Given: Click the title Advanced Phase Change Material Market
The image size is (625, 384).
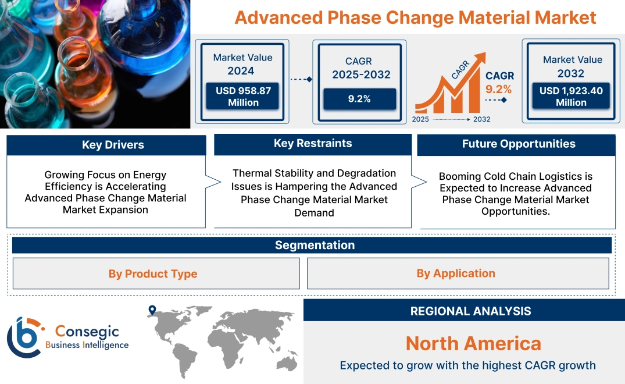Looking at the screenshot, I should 415,17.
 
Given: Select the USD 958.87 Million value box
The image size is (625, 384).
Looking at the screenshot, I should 243,97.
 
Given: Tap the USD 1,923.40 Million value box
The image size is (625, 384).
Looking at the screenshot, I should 571,97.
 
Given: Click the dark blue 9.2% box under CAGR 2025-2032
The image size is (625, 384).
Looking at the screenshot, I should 359,99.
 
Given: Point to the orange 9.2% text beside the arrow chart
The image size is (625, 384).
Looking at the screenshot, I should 498,89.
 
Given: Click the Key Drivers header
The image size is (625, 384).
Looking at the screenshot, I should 113,145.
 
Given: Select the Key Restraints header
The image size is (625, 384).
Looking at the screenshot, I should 313,144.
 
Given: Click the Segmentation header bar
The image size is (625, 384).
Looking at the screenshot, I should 315,245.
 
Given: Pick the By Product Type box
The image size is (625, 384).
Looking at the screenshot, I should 153,273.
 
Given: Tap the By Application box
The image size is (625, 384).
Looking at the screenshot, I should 456,273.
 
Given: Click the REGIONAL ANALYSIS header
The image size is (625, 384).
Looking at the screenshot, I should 470,311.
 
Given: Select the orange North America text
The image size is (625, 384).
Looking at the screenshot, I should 473,343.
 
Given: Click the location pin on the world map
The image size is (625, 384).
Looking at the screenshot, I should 152,310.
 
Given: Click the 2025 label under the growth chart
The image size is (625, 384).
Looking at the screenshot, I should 420,119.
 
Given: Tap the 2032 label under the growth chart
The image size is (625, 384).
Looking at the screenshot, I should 481,119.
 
